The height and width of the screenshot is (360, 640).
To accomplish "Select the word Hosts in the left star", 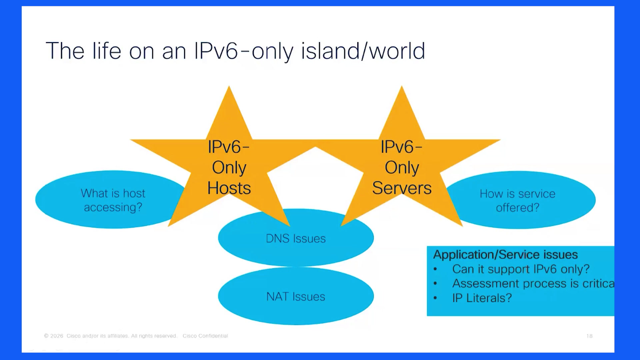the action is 229,188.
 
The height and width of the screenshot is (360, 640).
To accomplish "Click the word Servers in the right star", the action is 402,188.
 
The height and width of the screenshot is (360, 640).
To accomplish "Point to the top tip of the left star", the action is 229,86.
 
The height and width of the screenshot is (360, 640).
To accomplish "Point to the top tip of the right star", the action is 402,86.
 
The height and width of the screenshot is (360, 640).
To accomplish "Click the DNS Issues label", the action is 296,239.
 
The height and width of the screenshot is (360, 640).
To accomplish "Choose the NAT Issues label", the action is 296,297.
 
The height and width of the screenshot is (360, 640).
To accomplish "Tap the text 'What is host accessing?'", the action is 113,200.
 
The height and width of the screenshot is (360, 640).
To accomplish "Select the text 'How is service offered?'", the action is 517,201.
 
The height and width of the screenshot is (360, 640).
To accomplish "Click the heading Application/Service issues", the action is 505,255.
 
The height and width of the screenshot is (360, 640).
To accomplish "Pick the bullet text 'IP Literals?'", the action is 482,298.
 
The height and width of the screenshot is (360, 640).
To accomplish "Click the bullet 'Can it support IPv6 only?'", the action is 521,269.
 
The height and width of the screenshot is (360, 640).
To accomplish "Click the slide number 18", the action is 589,336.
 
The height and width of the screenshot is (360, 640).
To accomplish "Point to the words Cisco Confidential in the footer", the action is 205,336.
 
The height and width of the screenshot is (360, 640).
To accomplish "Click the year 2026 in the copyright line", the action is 57,336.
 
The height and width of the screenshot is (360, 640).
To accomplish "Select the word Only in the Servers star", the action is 402,168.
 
